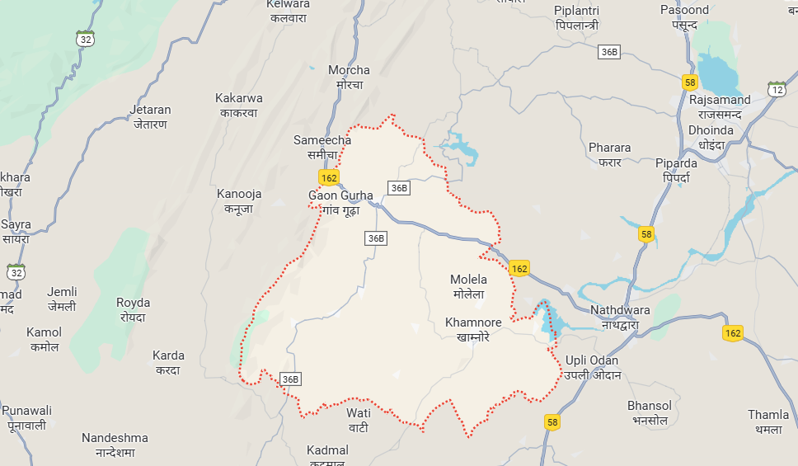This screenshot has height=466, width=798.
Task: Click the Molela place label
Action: pyautogui.click(x=467, y=286)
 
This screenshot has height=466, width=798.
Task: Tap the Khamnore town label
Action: pyautogui.click(x=467, y=329)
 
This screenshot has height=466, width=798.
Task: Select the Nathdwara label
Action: pyautogui.click(x=620, y=317)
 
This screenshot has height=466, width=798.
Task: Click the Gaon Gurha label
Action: pyautogui.click(x=340, y=202)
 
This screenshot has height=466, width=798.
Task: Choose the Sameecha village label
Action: pyautogui.click(x=322, y=147)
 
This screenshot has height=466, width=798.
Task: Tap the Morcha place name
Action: pyautogui.click(x=349, y=77)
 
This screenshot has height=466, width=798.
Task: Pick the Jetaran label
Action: pyautogui.click(x=150, y=116)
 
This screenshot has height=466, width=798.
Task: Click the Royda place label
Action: pyautogui.click(x=133, y=309)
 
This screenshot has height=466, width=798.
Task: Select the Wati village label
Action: pyautogui.click(x=359, y=419)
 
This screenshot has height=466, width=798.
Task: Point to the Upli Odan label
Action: pyautogui.click(x=592, y=367)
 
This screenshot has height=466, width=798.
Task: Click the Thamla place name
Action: pyautogui.click(x=768, y=421)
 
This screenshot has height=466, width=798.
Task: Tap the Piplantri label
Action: pyautogui.click(x=576, y=17)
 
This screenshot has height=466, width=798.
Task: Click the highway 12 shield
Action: pyautogui.click(x=777, y=88)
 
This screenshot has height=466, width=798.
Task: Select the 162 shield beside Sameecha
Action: pyautogui.click(x=328, y=177)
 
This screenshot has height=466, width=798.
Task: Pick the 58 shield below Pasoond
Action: pyautogui.click(x=690, y=82)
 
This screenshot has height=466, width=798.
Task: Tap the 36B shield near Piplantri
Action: pyautogui.click(x=608, y=52)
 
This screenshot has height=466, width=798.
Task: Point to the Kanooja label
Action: pyautogui.click(x=239, y=200)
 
